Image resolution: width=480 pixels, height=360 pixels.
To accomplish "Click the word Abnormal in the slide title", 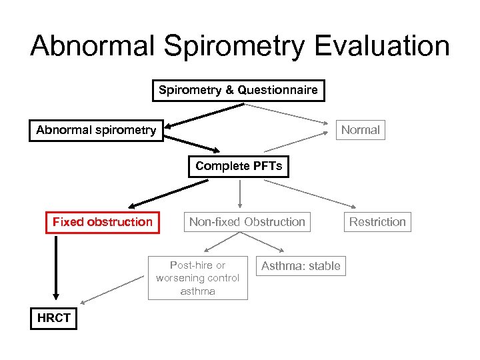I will (x=93, y=46).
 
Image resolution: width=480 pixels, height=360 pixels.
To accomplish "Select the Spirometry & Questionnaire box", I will (x=238, y=90).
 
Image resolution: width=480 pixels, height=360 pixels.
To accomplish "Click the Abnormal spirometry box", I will (x=96, y=130).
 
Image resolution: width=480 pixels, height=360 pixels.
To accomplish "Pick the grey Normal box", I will (x=360, y=130).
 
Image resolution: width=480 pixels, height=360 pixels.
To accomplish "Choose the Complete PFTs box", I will (x=239, y=166).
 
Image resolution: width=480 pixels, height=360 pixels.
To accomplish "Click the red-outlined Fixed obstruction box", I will (x=102, y=222).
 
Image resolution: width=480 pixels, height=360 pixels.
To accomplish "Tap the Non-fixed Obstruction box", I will (x=247, y=222).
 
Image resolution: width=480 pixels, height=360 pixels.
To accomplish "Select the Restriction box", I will (x=377, y=222).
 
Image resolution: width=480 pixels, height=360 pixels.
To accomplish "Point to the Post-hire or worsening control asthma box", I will (x=197, y=277).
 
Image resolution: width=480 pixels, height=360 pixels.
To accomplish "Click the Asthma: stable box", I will (x=300, y=266).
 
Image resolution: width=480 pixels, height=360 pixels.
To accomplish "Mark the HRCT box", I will (x=54, y=318).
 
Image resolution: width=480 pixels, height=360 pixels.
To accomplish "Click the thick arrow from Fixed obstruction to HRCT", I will (x=56, y=267).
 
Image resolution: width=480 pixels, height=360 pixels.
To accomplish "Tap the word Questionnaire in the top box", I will (x=276, y=90).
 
